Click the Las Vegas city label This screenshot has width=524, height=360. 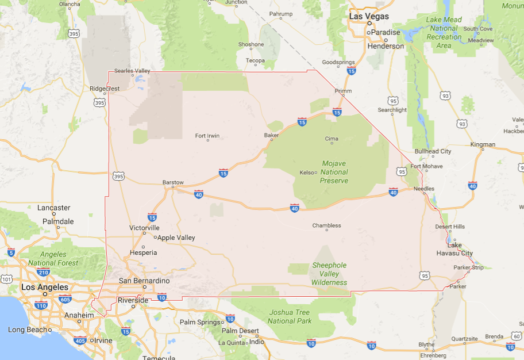[x=369, y=17]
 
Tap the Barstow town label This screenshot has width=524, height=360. [x=173, y=182]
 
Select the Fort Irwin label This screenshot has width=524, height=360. [x=207, y=136]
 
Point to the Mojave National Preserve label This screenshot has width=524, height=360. [x=334, y=172]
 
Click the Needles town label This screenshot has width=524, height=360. [x=424, y=189]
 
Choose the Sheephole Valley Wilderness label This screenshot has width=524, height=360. [x=329, y=274]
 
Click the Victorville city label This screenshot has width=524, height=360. [x=144, y=228]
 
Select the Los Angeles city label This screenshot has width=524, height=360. [x=45, y=287]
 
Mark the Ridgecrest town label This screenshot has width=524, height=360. [x=105, y=89]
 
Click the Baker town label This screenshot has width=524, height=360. [x=271, y=136]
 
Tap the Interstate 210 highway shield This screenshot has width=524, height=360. [x=43, y=272]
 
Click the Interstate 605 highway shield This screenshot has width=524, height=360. [x=65, y=298]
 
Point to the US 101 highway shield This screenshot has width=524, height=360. [x=6, y=279]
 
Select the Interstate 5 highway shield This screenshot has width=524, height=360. [x=11, y=252]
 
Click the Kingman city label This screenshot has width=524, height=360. [x=482, y=144]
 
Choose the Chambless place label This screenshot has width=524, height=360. [x=326, y=225]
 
